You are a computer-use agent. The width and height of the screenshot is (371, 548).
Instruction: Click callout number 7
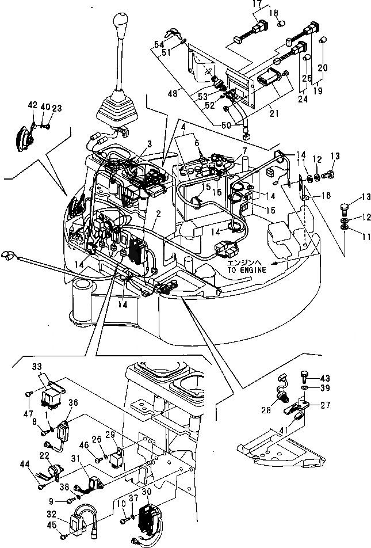244,151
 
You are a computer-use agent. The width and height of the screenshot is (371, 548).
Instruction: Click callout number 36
73,402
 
